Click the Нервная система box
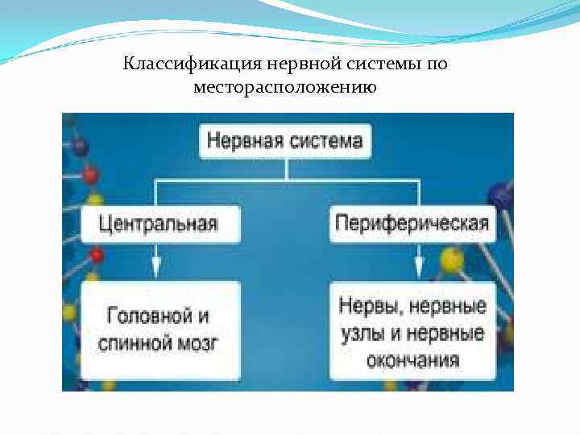pos(285,141)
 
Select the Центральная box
pos(159,223)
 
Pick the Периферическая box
pos(412,223)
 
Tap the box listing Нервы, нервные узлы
pos(412,330)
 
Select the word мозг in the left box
pos(197,343)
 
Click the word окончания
pos(412,359)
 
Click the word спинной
pos(134,343)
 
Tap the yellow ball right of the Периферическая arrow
pos(451,260)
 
